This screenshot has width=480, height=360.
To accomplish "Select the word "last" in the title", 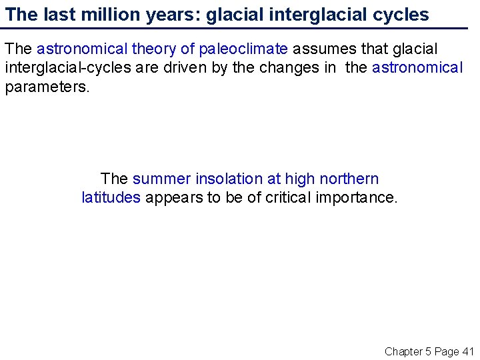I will [47, 15].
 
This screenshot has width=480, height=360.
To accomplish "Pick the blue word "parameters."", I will [47, 87].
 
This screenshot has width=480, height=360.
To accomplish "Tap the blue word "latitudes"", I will [111, 197].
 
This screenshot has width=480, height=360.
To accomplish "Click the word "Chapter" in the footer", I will [404, 351].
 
